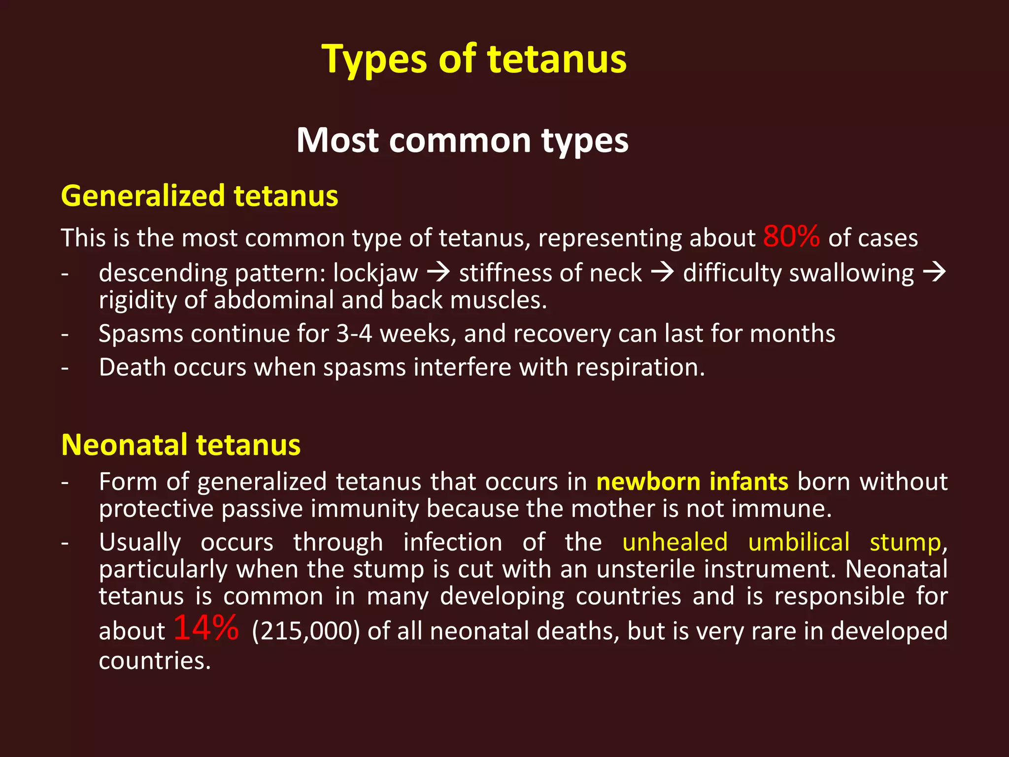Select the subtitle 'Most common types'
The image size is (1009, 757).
click(462, 140)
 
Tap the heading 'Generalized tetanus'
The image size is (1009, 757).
click(200, 196)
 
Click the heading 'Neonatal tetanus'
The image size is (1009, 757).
click(181, 445)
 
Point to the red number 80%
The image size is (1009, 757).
click(791, 236)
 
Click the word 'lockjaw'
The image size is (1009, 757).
click(375, 273)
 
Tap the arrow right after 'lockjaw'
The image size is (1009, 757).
click(438, 272)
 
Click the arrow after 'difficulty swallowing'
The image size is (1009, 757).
click(934, 272)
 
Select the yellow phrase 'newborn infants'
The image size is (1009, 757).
click(692, 482)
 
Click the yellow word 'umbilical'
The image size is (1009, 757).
click(799, 542)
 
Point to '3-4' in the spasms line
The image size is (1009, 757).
click(354, 334)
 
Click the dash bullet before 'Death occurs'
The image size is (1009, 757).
click(65, 368)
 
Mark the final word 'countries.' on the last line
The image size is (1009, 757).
click(155, 660)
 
